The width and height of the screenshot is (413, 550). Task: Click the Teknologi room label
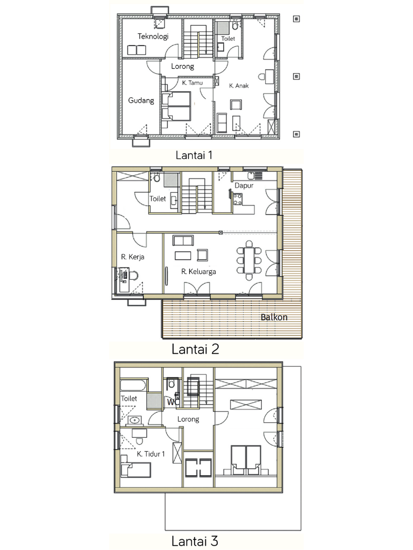153,37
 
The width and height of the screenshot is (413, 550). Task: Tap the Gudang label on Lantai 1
141,100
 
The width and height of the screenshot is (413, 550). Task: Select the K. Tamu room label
192,83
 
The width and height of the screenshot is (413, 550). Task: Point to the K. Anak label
239,85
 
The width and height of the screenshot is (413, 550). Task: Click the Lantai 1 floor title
194,155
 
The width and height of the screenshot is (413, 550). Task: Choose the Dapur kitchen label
244,185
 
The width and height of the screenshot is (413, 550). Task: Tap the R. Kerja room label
132,257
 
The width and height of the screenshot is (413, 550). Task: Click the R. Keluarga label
198,271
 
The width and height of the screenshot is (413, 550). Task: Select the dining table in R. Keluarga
249,260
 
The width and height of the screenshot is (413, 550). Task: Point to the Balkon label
274,317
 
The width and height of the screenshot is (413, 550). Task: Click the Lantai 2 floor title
195,349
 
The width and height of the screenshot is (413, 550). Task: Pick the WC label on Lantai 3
173,402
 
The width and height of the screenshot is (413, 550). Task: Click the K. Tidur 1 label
151,454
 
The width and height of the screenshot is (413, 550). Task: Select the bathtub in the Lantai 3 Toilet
133,385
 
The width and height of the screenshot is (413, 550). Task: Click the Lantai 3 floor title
195,540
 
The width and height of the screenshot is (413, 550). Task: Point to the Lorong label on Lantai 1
182,66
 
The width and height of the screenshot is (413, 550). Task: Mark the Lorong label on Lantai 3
188,419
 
